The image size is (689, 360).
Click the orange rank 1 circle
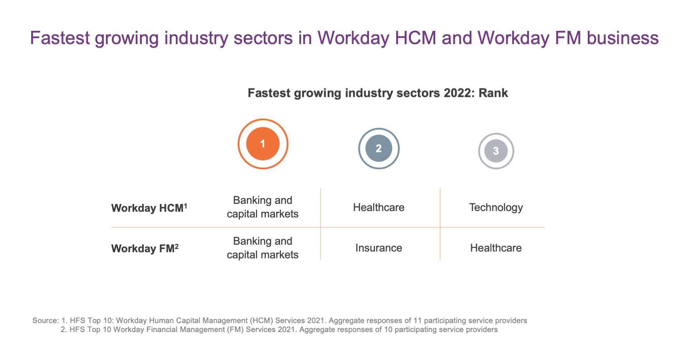(x=263, y=144)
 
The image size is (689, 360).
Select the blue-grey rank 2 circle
(x=379, y=148)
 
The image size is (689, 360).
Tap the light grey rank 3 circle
(x=496, y=151)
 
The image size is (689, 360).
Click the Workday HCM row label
(x=149, y=208)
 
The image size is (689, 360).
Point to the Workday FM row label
(x=145, y=248)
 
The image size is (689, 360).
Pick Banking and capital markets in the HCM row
(x=263, y=207)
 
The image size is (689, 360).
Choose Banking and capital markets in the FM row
(x=263, y=248)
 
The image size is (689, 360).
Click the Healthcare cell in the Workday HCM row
(x=379, y=207)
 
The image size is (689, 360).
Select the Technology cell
(x=496, y=207)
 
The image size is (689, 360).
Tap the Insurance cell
(x=379, y=248)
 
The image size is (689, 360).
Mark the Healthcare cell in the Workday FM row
(x=496, y=248)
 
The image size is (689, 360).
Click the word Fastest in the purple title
(x=60, y=38)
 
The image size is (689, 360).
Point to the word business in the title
(x=623, y=38)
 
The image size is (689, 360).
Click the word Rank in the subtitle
(x=493, y=93)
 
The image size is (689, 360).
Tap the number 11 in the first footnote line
(x=417, y=321)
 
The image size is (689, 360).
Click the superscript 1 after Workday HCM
(x=186, y=205)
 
